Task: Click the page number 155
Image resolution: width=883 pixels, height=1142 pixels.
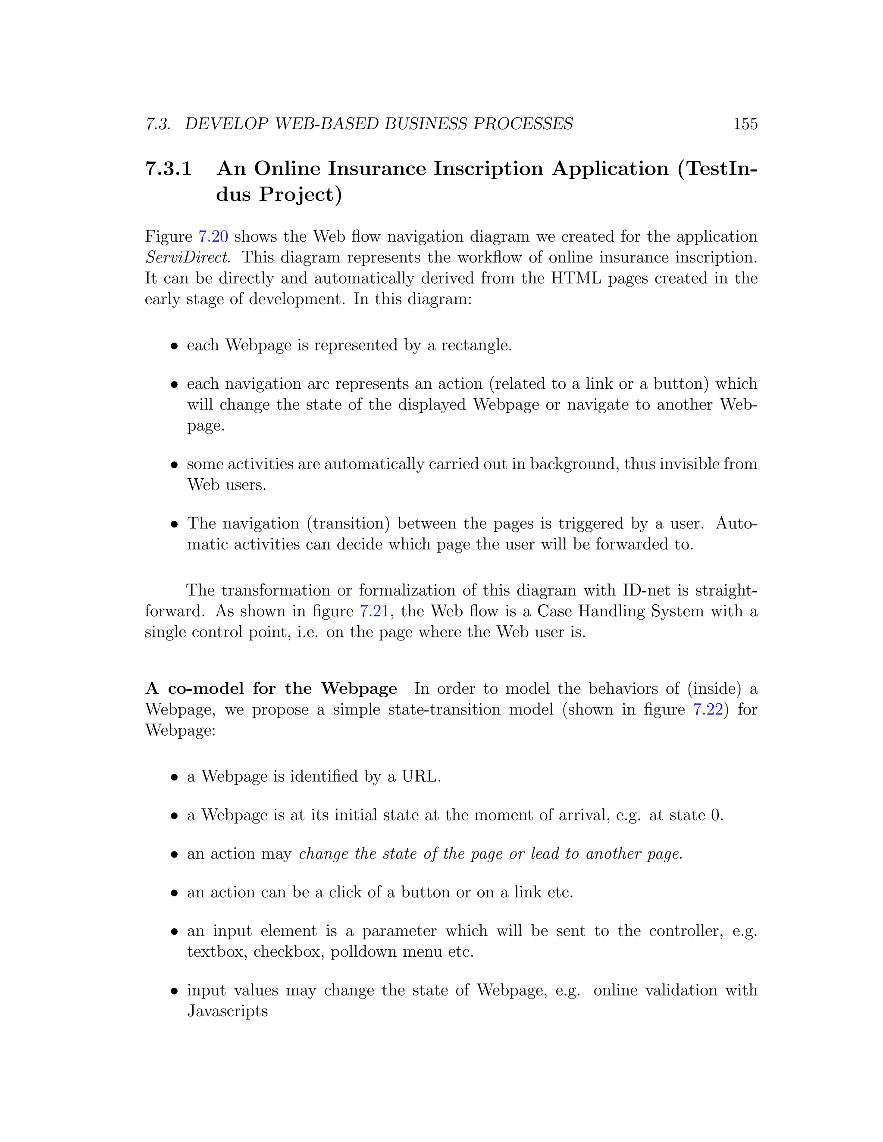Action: point(745,124)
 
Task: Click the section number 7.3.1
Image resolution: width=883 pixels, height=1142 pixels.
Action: point(169,169)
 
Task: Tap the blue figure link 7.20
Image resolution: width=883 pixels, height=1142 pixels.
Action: point(213,237)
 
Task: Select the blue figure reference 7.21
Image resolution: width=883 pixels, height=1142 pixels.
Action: point(374,611)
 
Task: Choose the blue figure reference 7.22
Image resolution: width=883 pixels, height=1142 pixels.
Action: point(708,710)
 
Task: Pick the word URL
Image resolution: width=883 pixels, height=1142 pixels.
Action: point(420,777)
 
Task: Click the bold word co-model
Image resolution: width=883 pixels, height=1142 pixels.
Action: point(206,689)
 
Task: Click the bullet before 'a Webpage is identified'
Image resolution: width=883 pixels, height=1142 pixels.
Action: point(175,777)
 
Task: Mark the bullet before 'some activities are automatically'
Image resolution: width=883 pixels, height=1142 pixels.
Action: point(175,465)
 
